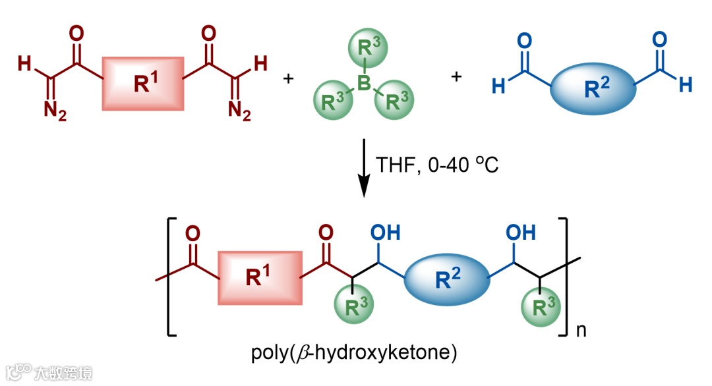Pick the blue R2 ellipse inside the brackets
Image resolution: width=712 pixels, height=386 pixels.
point(445,277)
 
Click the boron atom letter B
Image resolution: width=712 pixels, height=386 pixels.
point(361,82)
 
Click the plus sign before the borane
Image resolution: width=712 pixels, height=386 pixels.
point(287,78)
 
